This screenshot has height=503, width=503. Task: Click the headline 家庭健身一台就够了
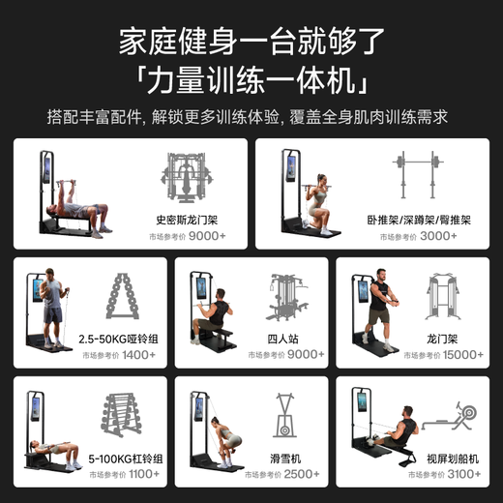point(251,41)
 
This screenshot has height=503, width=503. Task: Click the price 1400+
point(139,355)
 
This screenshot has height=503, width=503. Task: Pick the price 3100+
point(465,475)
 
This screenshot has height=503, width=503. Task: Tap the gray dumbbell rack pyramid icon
point(122,300)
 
